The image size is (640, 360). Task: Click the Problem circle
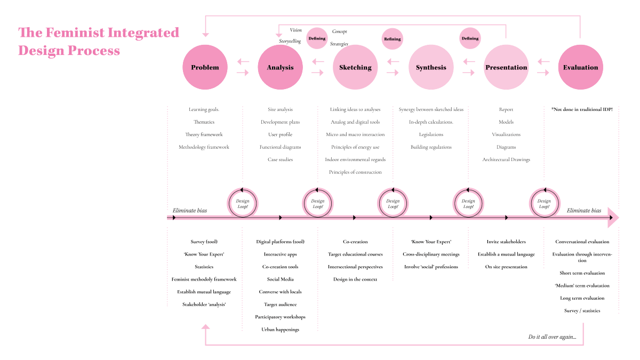pyautogui.click(x=205, y=68)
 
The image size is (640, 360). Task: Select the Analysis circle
pyautogui.click(x=280, y=68)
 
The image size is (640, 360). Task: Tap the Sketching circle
pyautogui.click(x=355, y=68)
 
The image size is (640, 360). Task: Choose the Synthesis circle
pyautogui.click(x=431, y=68)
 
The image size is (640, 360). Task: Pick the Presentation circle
pyautogui.click(x=506, y=68)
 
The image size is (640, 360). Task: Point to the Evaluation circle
pyautogui.click(x=580, y=68)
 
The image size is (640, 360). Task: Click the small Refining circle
pyautogui.click(x=392, y=39)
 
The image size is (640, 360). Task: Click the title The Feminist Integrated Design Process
pyautogui.click(x=99, y=42)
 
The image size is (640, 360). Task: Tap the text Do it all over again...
pyautogui.click(x=552, y=337)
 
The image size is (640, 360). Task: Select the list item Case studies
pyautogui.click(x=280, y=159)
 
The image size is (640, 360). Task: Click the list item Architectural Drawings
pyautogui.click(x=506, y=159)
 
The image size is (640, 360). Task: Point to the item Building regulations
pyautogui.click(x=431, y=147)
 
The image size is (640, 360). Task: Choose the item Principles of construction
pyautogui.click(x=355, y=172)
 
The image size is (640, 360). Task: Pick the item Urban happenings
pyautogui.click(x=280, y=330)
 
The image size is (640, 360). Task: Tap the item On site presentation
pyautogui.click(x=506, y=267)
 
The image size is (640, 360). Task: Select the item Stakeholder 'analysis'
pyautogui.click(x=205, y=305)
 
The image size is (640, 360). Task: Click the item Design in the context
pyautogui.click(x=355, y=279)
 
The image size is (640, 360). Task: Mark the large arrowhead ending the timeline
pyautogui.click(x=613, y=218)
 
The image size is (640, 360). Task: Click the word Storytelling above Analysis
pyautogui.click(x=290, y=41)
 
